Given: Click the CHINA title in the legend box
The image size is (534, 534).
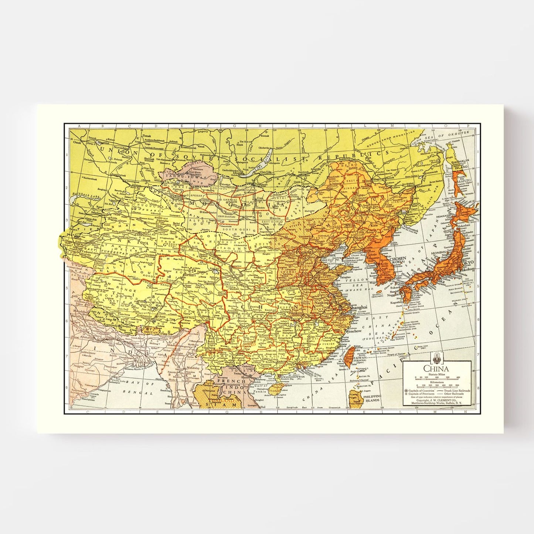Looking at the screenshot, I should click(x=436, y=368).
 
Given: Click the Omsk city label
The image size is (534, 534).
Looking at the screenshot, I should click(x=77, y=142).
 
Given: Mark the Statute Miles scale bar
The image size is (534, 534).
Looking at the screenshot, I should click(x=437, y=378).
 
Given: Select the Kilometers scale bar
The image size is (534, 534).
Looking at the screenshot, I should click(x=437, y=385).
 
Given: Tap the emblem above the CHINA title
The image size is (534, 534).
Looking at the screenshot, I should click(x=436, y=358).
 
